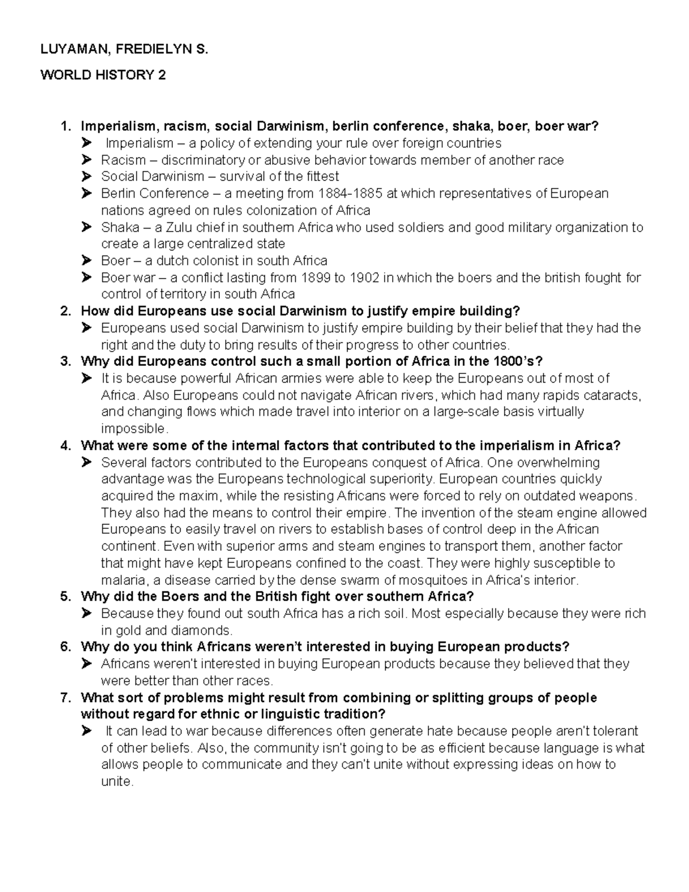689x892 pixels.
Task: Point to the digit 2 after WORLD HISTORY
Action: (162, 75)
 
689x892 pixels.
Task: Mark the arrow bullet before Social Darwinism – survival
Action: (87, 176)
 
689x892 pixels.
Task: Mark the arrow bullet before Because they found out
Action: (87, 613)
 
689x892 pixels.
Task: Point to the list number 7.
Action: (65, 698)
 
